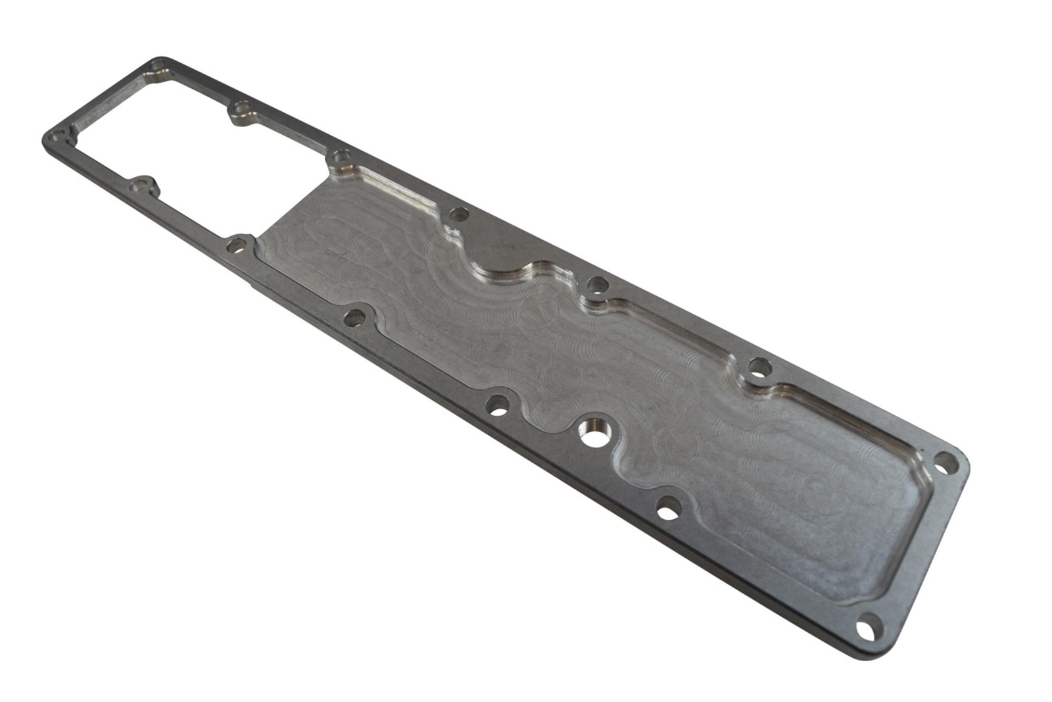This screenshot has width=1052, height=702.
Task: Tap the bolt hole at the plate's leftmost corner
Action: coord(58,138)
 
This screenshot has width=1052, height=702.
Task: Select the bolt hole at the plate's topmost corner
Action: coord(158,66)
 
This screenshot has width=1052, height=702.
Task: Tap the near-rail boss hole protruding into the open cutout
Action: coord(139,186)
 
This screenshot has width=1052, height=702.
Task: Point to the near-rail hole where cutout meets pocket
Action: coord(235,247)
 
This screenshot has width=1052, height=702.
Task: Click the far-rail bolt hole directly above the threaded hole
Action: coord(597,285)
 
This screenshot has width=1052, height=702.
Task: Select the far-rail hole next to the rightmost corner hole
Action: coord(759,366)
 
